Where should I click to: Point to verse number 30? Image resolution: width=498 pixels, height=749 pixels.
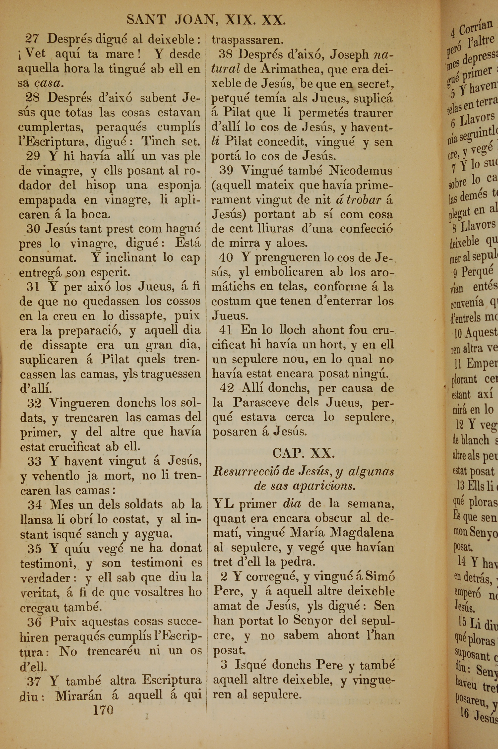[x=33, y=228]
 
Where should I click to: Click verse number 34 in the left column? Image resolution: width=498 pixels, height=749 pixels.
[x=34, y=504]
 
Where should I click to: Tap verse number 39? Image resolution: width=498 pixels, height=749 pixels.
[x=226, y=171]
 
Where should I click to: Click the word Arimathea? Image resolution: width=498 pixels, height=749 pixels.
[x=289, y=69]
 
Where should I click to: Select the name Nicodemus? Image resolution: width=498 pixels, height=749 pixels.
[x=361, y=171]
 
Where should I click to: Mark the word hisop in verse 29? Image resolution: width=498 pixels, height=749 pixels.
[x=101, y=186]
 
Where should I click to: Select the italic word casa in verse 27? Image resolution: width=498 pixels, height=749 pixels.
[x=48, y=83]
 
